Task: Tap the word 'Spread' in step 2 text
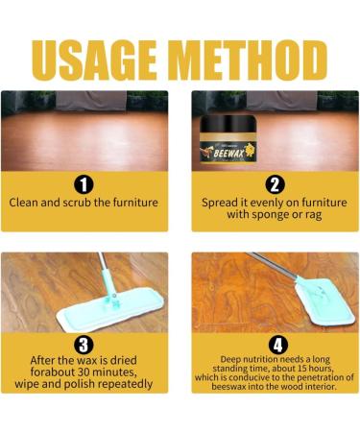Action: pyautogui.click(x=224, y=204)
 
